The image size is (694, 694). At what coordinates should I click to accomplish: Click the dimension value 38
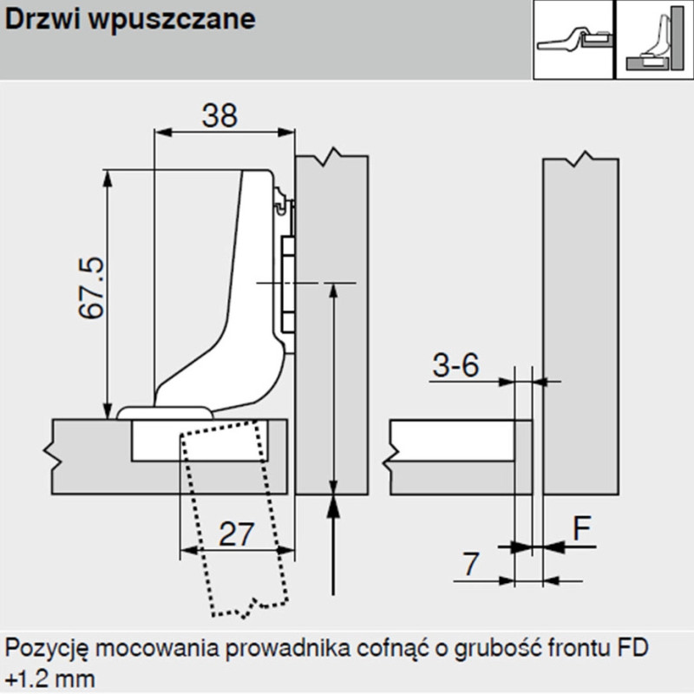point(219,115)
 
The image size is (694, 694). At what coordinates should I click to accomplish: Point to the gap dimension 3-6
point(455,366)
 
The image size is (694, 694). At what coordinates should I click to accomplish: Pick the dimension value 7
point(468,566)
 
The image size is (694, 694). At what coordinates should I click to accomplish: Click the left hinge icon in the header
point(573,41)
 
